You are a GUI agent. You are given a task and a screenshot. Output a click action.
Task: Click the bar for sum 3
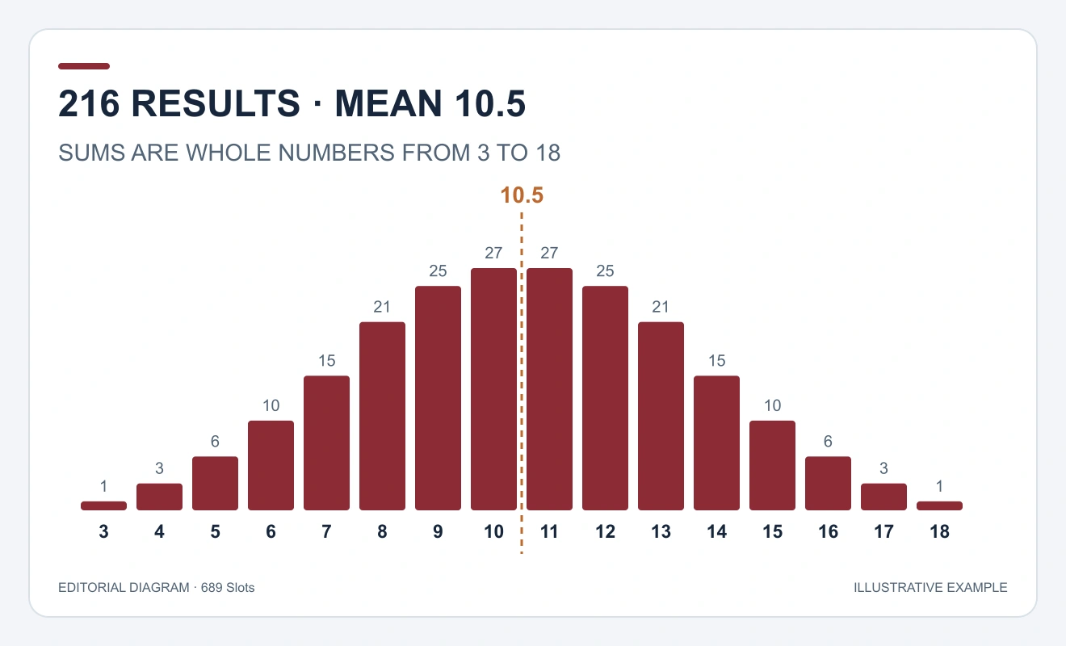coord(103,505)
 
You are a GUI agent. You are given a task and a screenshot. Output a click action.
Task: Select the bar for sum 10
coord(493,389)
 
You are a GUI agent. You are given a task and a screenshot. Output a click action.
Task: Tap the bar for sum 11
coord(549,389)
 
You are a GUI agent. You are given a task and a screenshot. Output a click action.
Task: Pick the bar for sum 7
coord(326,443)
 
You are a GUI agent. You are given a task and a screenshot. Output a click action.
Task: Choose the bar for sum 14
coord(716,443)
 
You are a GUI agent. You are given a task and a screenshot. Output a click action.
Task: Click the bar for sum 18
coord(939,505)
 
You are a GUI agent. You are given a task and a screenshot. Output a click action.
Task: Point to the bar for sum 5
coord(215,484)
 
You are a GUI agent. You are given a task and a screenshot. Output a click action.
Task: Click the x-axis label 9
coord(438,531)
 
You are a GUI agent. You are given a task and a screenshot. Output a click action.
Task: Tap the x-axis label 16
coord(828,531)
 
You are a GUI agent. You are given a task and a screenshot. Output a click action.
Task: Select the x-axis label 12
coord(606,531)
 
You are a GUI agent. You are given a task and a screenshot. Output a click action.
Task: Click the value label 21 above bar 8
coord(382,307)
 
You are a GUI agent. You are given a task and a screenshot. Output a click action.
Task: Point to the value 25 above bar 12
coord(606,271)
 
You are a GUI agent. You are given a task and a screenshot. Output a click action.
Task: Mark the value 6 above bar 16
coord(828,442)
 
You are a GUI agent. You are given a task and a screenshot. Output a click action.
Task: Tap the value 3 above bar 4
coord(159,468)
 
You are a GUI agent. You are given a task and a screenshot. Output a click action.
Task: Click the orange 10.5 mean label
coord(522,195)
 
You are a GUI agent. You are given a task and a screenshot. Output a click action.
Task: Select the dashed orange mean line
coord(522,384)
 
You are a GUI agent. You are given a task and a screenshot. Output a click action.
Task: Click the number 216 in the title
coord(89,103)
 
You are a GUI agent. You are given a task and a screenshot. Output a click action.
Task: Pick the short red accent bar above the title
coord(84,66)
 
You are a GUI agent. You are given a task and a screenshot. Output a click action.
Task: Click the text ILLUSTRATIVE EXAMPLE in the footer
coord(930,588)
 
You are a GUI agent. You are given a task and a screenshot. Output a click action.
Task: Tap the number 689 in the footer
coord(212,588)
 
